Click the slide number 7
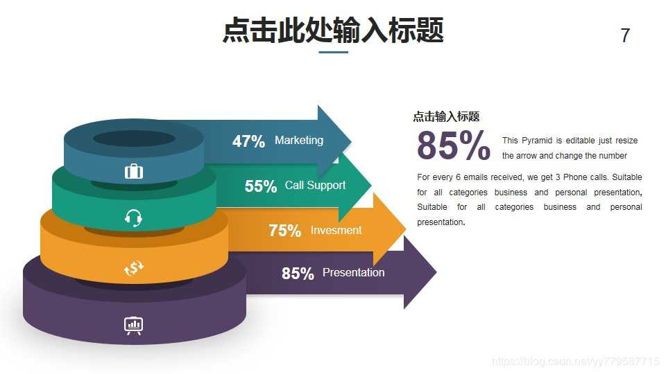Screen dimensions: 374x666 [625, 36]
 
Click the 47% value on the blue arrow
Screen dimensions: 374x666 [248, 141]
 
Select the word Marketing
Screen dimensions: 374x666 [299, 140]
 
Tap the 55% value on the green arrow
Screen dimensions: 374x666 [261, 186]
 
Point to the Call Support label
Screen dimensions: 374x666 [315, 185]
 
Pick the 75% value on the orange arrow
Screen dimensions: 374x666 [284, 231]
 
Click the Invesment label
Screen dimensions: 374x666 [336, 230]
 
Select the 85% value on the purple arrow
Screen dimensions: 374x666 [298, 274]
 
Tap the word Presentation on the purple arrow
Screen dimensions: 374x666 [353, 272]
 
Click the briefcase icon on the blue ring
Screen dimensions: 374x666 [134, 171]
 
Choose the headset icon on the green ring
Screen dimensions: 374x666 [134, 218]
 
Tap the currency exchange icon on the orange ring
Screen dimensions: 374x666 [134, 268]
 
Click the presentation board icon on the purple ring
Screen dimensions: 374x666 [134, 324]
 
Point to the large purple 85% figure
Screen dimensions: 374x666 [454, 146]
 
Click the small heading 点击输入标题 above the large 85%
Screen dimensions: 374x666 [446, 116]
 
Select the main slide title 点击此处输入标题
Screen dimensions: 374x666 [333, 31]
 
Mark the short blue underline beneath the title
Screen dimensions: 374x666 [333, 52]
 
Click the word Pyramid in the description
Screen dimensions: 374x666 [536, 141]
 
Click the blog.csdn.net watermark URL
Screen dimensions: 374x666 [575, 362]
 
